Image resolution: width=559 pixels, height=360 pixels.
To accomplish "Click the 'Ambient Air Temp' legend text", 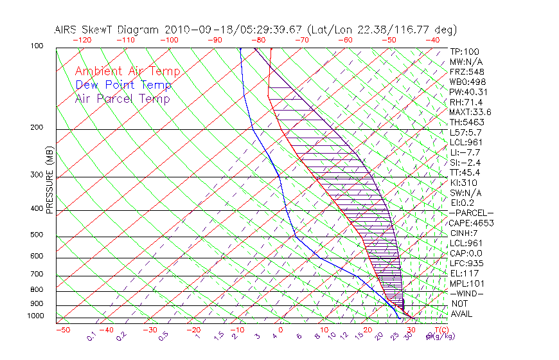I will pos(127,71).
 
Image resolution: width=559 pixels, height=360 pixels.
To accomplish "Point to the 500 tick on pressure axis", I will pos(37,235).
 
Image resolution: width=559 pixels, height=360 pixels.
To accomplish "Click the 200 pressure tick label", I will pos(37,128).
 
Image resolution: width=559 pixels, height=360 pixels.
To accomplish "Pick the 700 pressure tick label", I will pos(37,274).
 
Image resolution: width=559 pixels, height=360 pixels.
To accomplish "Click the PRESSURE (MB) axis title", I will pos(49,180).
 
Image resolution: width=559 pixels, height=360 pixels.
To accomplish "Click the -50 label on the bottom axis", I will pos(62,330).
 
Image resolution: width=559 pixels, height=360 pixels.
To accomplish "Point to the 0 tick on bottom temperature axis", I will pos(281,330).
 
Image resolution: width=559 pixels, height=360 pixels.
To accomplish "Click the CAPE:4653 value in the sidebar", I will pos(471,222).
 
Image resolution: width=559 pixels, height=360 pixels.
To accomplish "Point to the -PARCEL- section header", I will pos(471,213).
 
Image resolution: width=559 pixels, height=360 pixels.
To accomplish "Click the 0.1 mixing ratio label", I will pos(91,336).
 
